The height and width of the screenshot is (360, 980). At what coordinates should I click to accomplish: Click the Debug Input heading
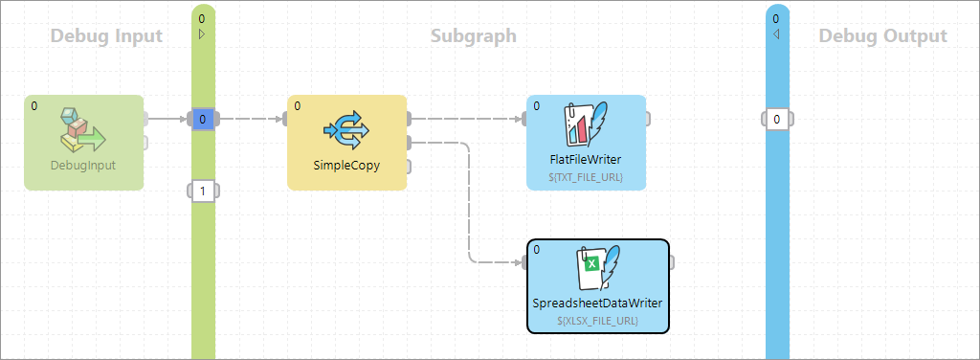point(105,36)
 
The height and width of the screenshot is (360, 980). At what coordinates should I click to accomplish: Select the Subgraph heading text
point(473,36)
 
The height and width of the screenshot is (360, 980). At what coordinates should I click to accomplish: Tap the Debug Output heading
point(882,36)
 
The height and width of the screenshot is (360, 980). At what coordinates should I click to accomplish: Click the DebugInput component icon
point(83,130)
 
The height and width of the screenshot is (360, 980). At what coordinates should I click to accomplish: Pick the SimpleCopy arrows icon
point(346,129)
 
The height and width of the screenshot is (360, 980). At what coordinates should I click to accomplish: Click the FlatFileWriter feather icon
point(586,124)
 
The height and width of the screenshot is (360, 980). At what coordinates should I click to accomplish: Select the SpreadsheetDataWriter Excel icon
point(597,268)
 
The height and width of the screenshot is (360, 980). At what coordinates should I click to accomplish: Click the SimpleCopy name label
point(346,165)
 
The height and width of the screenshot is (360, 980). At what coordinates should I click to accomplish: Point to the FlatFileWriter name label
point(586,159)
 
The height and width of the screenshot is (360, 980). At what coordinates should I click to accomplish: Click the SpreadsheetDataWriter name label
point(597,304)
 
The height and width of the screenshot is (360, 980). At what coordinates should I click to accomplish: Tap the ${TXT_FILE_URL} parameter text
point(586,176)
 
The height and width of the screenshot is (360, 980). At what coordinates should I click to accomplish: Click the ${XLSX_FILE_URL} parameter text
point(597,321)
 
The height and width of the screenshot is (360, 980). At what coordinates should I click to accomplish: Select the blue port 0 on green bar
point(203,119)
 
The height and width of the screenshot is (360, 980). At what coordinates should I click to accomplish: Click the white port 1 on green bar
point(203,191)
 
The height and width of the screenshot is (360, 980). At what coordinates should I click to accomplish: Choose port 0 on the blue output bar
point(777,120)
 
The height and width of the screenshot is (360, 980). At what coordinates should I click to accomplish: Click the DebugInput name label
point(83,165)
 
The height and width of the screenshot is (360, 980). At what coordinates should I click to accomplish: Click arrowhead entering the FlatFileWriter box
point(521,120)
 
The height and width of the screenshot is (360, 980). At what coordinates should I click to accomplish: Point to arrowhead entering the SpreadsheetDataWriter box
point(521,262)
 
